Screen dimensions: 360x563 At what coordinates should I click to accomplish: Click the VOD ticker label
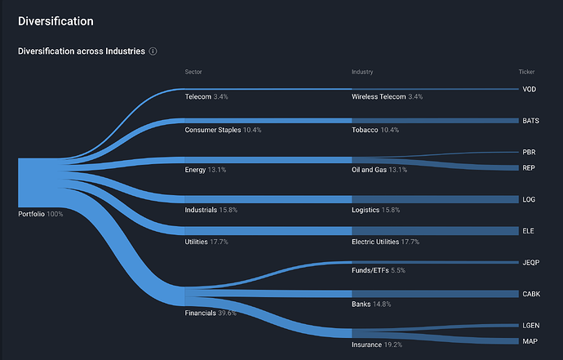530,89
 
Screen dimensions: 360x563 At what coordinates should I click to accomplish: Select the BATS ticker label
531,121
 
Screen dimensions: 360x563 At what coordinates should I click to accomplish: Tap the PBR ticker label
530,152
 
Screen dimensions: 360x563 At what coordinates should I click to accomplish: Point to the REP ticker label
530,167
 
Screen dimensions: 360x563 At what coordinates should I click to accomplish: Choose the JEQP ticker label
531,262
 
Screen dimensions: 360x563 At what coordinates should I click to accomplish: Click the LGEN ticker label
531,325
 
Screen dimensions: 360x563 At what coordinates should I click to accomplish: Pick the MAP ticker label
530,341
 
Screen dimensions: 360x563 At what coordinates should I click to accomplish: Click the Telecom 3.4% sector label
206,97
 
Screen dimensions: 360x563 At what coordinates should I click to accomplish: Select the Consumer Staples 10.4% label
223,130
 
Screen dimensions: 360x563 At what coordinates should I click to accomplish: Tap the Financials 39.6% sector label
211,313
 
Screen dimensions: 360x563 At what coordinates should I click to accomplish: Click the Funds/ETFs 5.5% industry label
379,270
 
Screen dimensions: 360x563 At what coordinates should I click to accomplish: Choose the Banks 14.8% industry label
371,304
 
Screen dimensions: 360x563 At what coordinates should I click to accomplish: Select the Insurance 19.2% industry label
378,344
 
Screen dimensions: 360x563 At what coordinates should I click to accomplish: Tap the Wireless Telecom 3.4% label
387,97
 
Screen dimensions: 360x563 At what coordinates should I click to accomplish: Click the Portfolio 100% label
40,214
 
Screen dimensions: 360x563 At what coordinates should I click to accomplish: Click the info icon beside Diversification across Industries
153,51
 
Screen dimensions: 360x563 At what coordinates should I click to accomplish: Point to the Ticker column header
526,72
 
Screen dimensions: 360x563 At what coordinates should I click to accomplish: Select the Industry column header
362,72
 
